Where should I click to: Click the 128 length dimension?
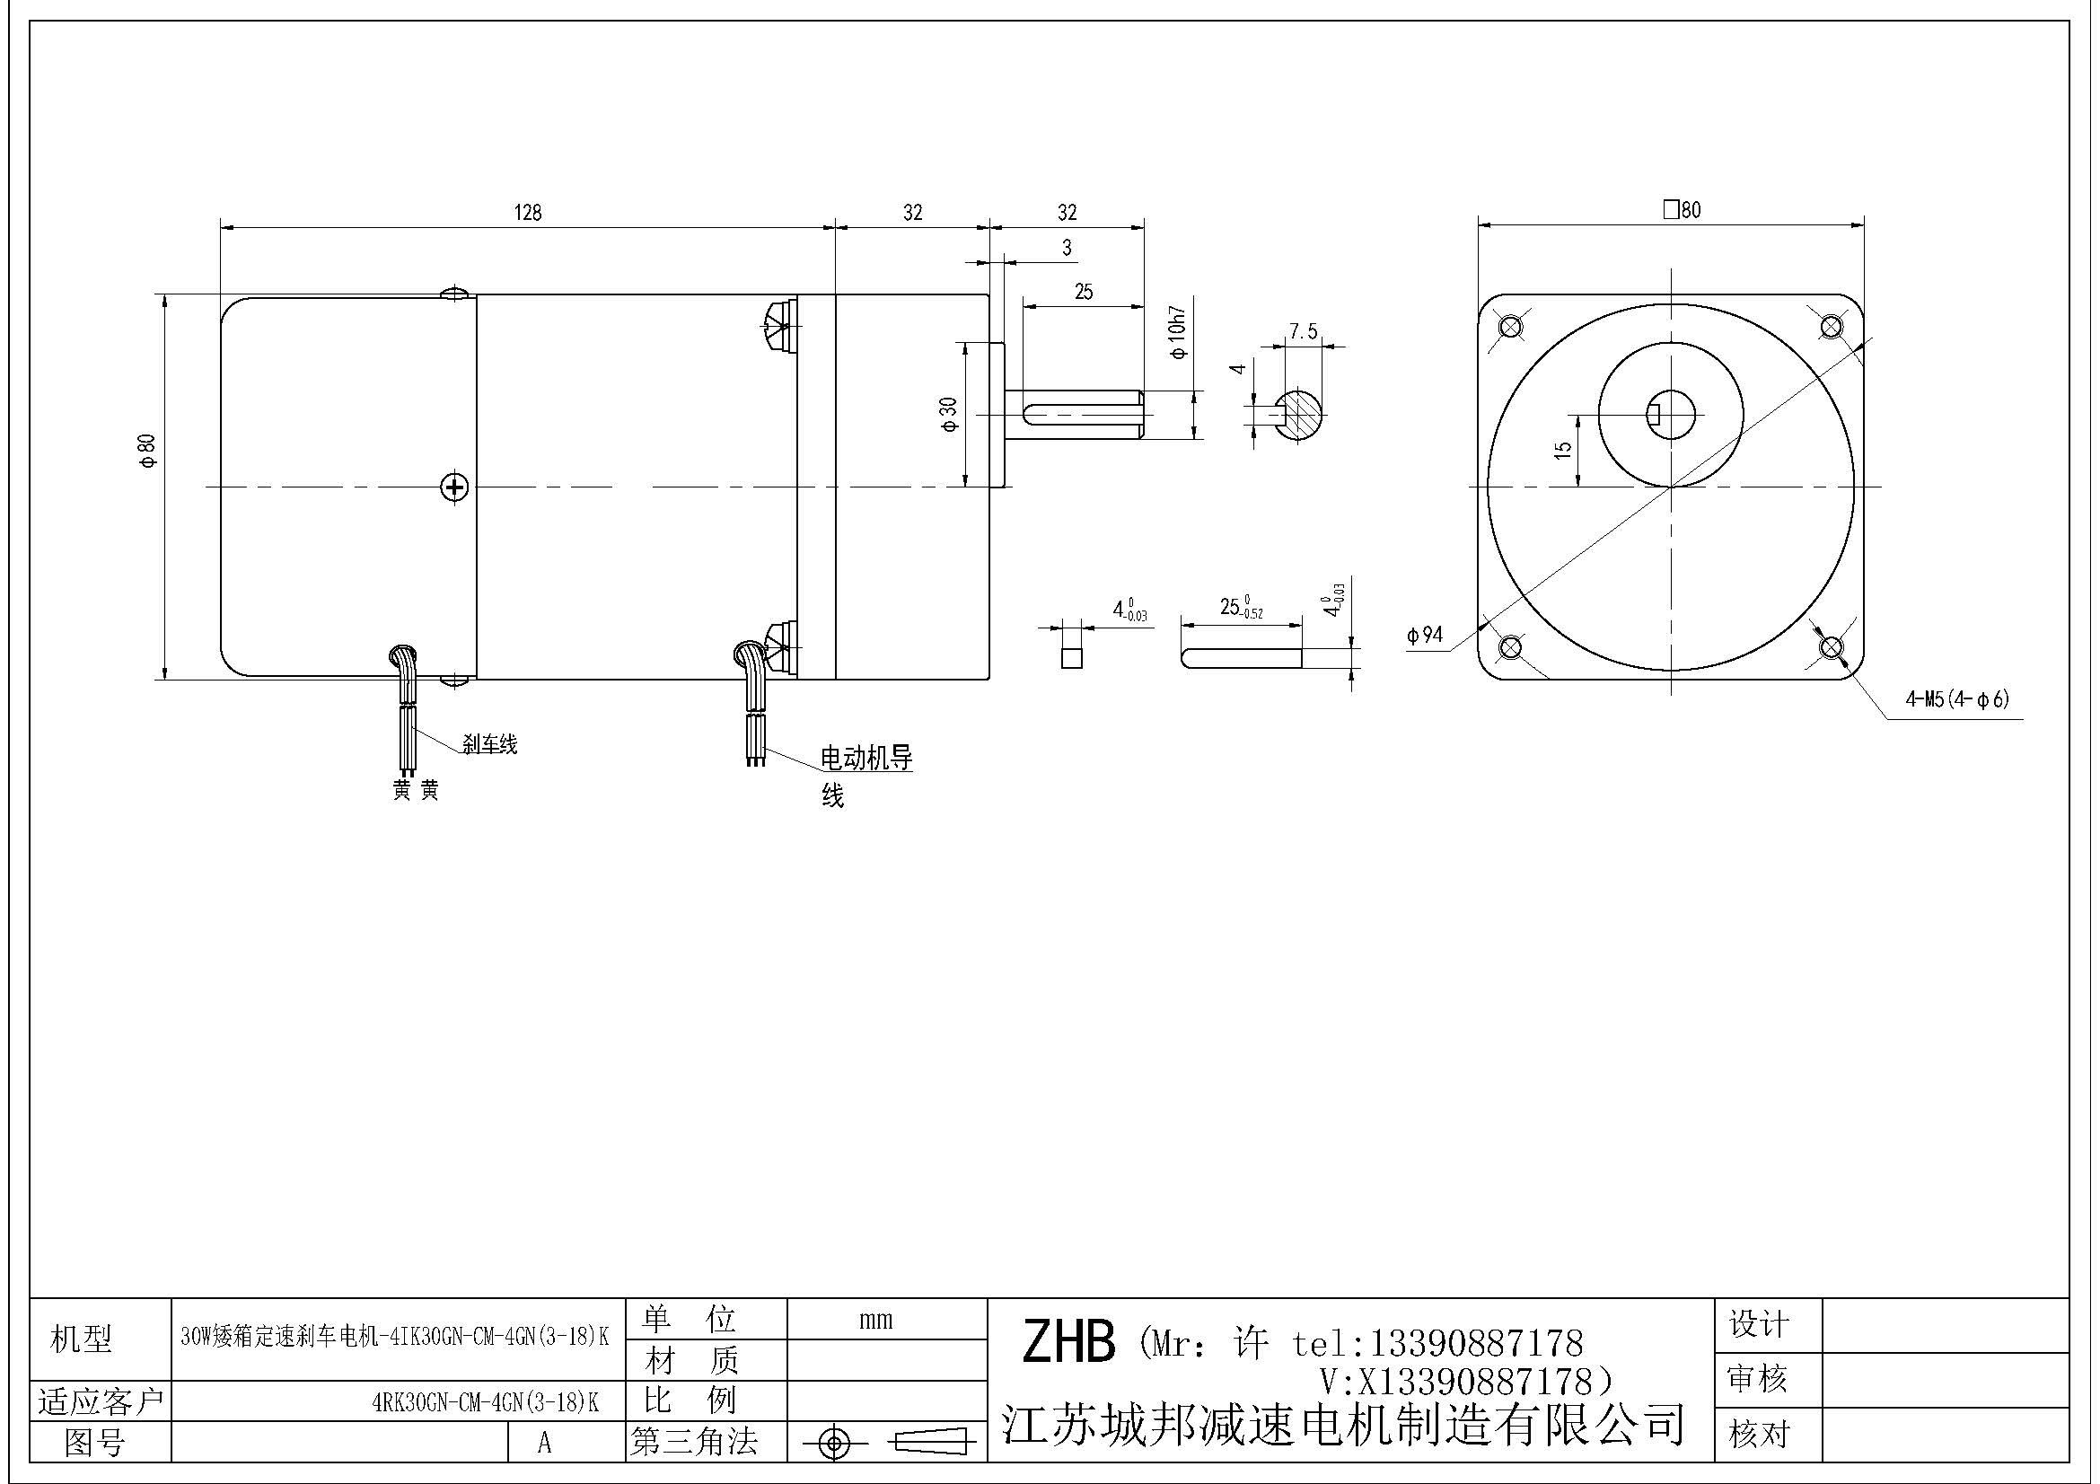[528, 213]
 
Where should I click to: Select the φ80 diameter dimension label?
[147, 450]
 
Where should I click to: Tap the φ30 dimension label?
[948, 413]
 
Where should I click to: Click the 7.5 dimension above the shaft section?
[1303, 331]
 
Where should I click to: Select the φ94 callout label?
[1424, 635]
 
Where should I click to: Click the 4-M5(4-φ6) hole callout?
[1956, 699]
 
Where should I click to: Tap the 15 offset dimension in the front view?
[1563, 450]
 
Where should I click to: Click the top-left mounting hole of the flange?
[1510, 326]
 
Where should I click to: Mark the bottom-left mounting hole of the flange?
[1510, 647]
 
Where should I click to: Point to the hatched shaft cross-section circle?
[1299, 416]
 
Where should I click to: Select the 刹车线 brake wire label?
[489, 745]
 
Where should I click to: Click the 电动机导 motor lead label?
[865, 758]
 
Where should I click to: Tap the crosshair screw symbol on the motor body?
[454, 487]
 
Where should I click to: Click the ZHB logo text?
[1068, 1342]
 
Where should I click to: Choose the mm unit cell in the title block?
[875, 1320]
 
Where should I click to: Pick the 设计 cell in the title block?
[1758, 1325]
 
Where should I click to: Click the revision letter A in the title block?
[544, 1443]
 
